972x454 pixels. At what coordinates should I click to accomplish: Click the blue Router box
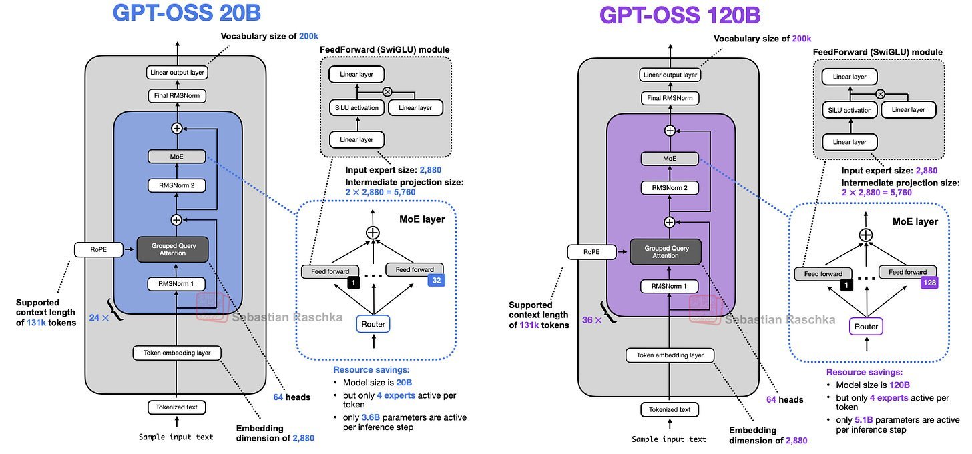click(x=373, y=324)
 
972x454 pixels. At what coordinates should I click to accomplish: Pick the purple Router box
click(x=866, y=327)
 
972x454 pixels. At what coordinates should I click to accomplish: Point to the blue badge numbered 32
click(x=435, y=281)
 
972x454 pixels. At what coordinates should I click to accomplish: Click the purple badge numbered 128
click(x=929, y=283)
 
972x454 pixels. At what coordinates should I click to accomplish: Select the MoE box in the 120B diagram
click(x=670, y=159)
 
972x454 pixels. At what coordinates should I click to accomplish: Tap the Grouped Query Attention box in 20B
click(x=172, y=250)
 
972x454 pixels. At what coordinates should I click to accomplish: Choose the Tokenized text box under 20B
click(x=176, y=407)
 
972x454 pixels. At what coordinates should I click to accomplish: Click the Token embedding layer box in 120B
click(x=670, y=355)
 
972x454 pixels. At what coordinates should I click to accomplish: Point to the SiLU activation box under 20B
click(x=356, y=107)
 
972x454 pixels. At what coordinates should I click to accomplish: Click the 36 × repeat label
click(x=591, y=320)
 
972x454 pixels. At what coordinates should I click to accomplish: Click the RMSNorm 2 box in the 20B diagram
click(x=176, y=185)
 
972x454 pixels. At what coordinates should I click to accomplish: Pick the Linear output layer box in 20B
click(x=176, y=72)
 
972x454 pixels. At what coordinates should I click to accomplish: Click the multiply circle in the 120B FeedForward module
click(x=880, y=94)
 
